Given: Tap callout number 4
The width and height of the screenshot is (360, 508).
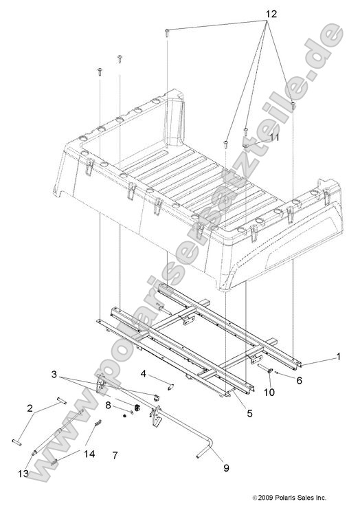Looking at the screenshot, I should coord(144,374).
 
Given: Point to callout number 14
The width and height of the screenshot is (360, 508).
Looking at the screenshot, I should coord(89,454).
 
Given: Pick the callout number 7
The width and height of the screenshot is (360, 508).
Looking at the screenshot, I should coord(115,455).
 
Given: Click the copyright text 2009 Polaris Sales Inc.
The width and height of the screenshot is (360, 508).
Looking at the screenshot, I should coord(289,497).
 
